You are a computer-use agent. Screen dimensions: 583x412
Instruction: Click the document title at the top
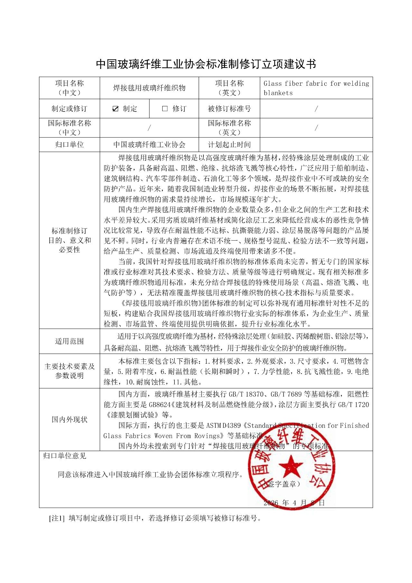point(206,64)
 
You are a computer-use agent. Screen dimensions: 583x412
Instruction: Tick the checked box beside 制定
point(115,109)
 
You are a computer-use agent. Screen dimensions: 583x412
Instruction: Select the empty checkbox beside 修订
point(165,109)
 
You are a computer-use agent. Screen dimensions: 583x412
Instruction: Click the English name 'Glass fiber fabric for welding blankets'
point(316,88)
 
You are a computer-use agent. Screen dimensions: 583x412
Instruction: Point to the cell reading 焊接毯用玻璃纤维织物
point(149,88)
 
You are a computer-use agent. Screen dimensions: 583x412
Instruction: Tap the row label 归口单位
point(70,145)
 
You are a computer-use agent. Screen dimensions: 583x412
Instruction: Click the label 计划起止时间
point(229,145)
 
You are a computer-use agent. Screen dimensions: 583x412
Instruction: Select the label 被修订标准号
point(229,109)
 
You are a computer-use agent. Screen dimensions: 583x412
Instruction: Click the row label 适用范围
point(70,341)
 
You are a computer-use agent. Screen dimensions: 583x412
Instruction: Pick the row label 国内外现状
point(70,419)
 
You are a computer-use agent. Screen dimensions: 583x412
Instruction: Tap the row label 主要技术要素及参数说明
point(70,371)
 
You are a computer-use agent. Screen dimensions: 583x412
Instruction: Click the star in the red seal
point(291,466)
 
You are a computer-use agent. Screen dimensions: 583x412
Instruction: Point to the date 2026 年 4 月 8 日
point(294,502)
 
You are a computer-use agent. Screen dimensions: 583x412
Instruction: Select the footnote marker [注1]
point(57,518)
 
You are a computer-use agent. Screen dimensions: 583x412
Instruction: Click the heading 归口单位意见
point(65,456)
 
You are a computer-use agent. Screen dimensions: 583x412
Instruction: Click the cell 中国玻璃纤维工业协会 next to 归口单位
point(149,145)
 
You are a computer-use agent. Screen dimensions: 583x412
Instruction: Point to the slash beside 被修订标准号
point(316,109)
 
